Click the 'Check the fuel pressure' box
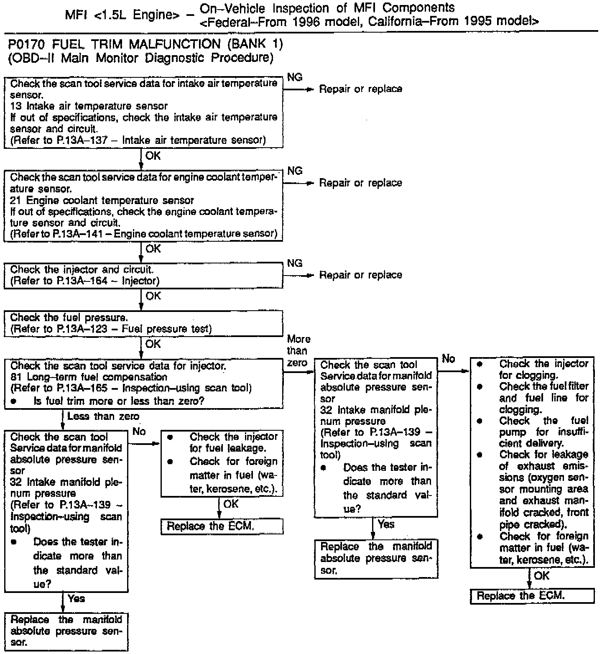[x=143, y=324]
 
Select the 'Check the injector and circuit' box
[x=143, y=276]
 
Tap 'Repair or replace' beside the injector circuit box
[x=360, y=275]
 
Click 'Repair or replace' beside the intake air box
[x=360, y=89]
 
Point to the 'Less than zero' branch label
[x=103, y=416]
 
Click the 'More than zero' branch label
[x=298, y=351]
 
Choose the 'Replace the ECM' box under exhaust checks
[x=532, y=596]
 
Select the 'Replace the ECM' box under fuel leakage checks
[x=222, y=526]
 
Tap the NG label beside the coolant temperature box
[x=295, y=171]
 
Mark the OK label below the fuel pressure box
[x=153, y=344]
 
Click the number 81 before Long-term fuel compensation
[x=16, y=377]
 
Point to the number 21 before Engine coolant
[x=16, y=200]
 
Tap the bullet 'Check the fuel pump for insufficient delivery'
[x=543, y=432]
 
